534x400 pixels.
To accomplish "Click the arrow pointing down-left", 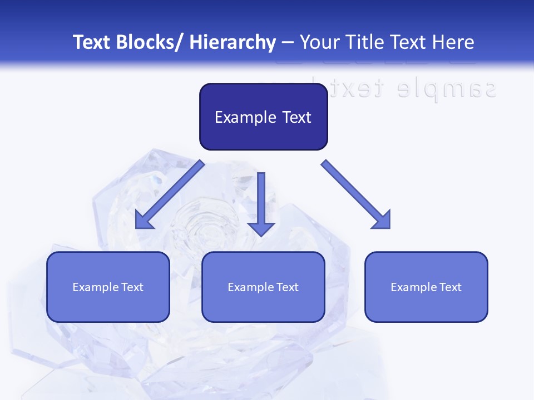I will [x=170, y=194].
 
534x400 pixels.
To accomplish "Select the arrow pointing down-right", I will [x=356, y=194].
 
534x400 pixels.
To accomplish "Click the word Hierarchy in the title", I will [x=233, y=42].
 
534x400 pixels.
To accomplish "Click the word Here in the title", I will [x=453, y=42].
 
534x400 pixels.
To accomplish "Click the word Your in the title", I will [x=320, y=42].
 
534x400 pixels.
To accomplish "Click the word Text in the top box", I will [x=296, y=117].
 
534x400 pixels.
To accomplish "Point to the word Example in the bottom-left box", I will [x=95, y=287].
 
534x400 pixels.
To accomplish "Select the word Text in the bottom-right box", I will [x=450, y=287].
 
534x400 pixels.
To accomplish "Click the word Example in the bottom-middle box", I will [x=250, y=287].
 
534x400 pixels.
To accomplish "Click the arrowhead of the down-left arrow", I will [x=143, y=221].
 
